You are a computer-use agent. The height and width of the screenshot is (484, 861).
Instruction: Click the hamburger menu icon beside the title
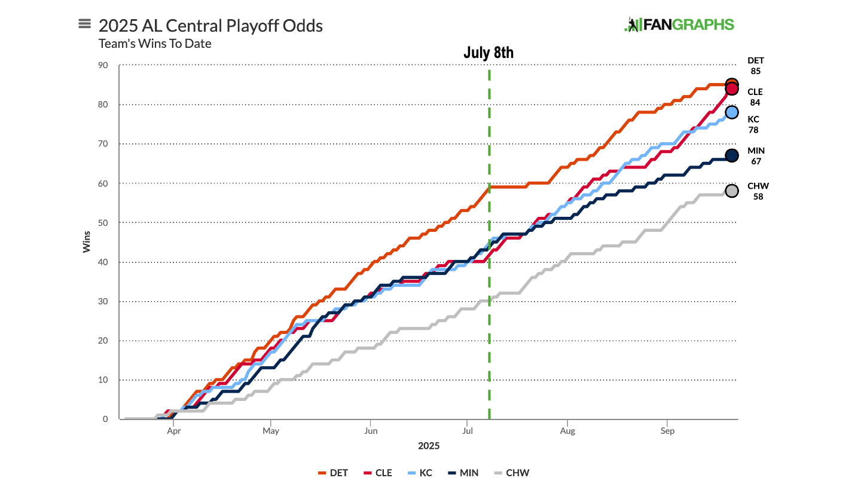tap(84, 24)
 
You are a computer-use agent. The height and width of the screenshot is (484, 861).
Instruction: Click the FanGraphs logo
tap(679, 24)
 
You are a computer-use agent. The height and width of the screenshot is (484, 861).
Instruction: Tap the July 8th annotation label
tap(488, 53)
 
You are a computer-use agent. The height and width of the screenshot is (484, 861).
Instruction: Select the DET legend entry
tap(333, 473)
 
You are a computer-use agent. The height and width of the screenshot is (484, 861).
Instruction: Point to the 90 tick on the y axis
tap(103, 65)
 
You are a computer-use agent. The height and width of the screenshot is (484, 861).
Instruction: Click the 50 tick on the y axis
tap(103, 222)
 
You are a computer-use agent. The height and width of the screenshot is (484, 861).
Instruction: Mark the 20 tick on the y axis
tap(103, 341)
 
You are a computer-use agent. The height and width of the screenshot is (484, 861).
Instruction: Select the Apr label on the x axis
tap(173, 430)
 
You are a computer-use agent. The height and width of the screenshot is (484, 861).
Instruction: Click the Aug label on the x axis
tap(567, 430)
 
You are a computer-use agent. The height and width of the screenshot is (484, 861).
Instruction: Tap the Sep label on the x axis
tap(667, 430)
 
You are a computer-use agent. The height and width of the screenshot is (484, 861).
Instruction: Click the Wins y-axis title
tap(87, 242)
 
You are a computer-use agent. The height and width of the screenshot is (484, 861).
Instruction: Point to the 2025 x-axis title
tap(428, 446)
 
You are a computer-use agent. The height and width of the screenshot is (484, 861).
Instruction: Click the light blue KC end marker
tap(731, 112)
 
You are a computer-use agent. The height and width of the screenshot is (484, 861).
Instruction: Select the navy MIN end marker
tap(731, 155)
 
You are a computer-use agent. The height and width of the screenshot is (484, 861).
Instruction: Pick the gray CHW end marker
tap(731, 191)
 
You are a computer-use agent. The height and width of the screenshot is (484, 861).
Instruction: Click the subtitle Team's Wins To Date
tap(155, 44)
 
